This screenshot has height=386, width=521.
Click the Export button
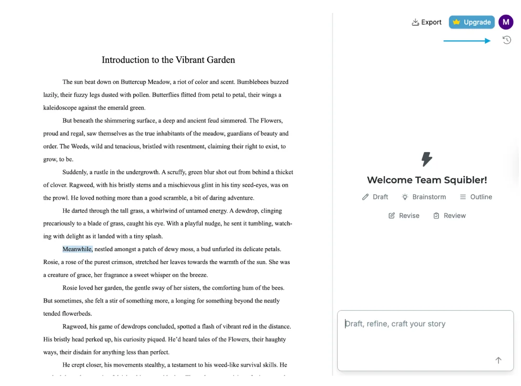point(426,22)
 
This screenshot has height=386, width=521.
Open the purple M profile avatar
point(506,22)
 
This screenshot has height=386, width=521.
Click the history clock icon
point(507,40)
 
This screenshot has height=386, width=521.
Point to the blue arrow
point(467,41)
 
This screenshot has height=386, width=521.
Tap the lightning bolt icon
point(426,159)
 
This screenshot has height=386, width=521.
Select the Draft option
point(375,197)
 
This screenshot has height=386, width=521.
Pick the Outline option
point(476,197)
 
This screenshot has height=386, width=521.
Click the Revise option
point(404,216)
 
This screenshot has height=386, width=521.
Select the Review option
point(450,216)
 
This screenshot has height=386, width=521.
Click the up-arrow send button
point(498,360)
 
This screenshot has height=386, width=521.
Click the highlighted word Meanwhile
point(77,249)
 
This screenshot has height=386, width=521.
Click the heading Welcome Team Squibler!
point(426,180)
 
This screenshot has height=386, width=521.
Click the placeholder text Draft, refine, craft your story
point(395,324)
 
